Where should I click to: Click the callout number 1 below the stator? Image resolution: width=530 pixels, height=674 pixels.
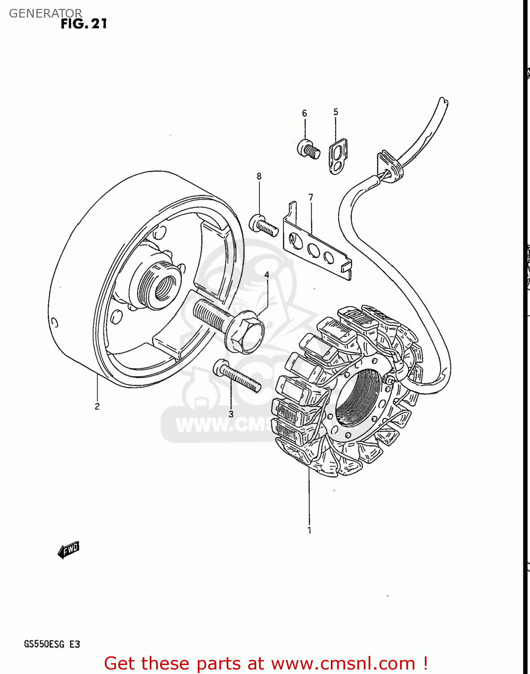(309, 530)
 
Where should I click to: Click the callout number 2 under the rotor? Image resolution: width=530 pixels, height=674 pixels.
(97, 406)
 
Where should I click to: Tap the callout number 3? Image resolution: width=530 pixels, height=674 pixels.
(231, 414)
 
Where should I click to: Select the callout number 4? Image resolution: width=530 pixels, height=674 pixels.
(267, 275)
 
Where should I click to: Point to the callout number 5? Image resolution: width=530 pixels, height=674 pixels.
(336, 112)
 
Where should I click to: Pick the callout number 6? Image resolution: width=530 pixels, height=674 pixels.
(304, 113)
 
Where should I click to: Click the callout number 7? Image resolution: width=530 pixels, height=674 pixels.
(311, 197)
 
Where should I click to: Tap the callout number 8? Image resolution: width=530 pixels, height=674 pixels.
(259, 176)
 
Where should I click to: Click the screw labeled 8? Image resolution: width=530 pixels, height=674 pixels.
(263, 225)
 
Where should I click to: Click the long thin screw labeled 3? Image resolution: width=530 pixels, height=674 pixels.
(237, 377)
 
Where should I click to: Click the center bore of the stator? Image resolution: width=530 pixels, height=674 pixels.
(357, 398)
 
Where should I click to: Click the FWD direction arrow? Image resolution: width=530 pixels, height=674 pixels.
(68, 550)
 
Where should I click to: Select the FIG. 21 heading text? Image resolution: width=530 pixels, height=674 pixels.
(84, 23)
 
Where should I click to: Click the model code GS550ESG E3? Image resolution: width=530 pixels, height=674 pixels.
(52, 644)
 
